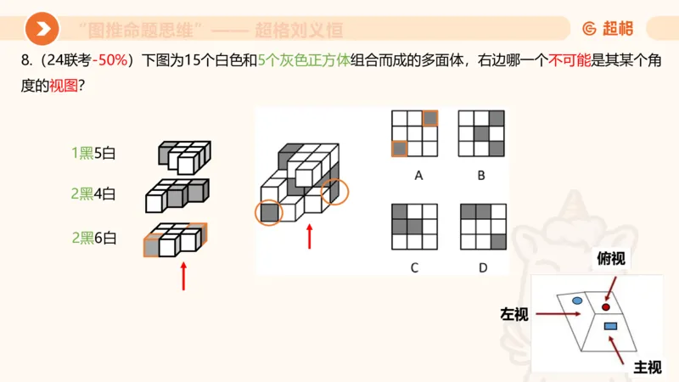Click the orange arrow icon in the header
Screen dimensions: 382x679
pyautogui.click(x=41, y=30)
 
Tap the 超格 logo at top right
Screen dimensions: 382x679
pyautogui.click(x=608, y=29)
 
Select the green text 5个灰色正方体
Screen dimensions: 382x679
pyautogui.click(x=303, y=62)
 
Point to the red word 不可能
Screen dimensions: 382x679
pyautogui.click(x=570, y=62)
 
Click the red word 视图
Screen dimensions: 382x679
pyautogui.click(x=64, y=86)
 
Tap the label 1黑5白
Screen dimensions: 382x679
pyautogui.click(x=93, y=154)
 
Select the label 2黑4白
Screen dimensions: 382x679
pyautogui.click(x=93, y=194)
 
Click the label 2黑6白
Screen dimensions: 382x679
pyautogui.click(x=93, y=238)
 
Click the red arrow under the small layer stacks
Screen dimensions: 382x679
pyautogui.click(x=183, y=276)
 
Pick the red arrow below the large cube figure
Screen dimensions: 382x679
pyautogui.click(x=310, y=236)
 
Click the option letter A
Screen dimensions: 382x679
pyautogui.click(x=418, y=176)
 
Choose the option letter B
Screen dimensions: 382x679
pyautogui.click(x=481, y=176)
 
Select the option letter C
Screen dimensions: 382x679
pyautogui.click(x=414, y=268)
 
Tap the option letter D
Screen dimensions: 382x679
pyautogui.click(x=482, y=268)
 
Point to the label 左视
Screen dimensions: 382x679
pyautogui.click(x=514, y=315)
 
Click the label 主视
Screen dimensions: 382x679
pyautogui.click(x=648, y=367)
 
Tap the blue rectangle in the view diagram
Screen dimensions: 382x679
pyautogui.click(x=609, y=326)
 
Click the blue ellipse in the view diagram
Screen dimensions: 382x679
pyautogui.click(x=577, y=301)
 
